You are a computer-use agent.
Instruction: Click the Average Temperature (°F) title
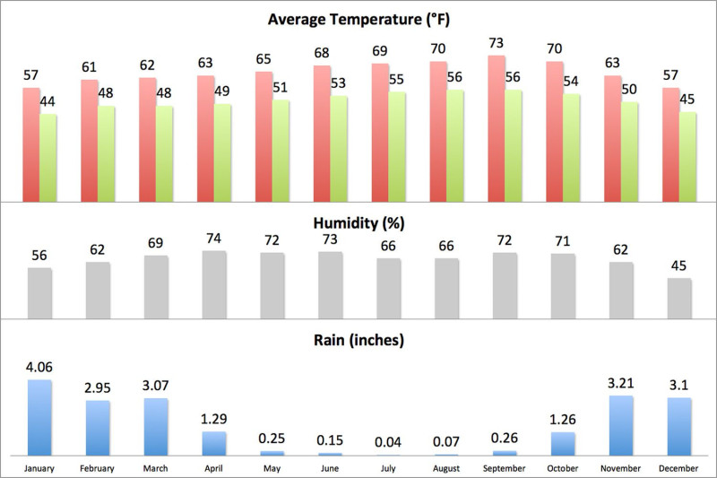click(x=358, y=19)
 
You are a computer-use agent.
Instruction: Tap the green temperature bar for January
click(x=48, y=157)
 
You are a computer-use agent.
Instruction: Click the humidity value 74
click(x=214, y=239)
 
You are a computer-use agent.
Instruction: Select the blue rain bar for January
click(x=39, y=417)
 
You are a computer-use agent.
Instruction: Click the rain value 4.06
click(x=39, y=368)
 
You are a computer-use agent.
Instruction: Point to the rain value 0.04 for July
click(x=388, y=441)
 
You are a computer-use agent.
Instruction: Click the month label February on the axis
click(x=98, y=468)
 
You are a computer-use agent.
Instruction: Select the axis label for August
click(x=446, y=468)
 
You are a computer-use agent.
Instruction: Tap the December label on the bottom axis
click(x=679, y=468)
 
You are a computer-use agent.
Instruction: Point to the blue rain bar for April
click(x=214, y=443)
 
